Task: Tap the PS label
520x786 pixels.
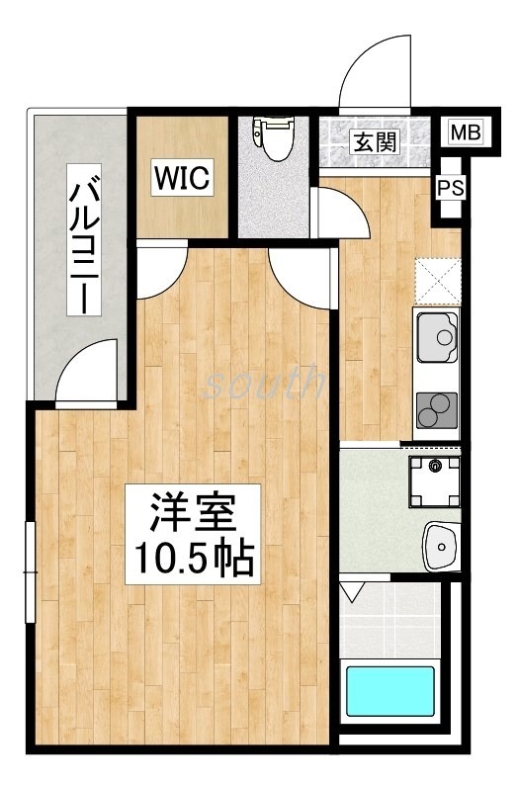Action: click(450, 187)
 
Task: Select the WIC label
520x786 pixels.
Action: click(182, 179)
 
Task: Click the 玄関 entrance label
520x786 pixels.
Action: click(375, 141)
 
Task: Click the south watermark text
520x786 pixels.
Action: click(263, 382)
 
